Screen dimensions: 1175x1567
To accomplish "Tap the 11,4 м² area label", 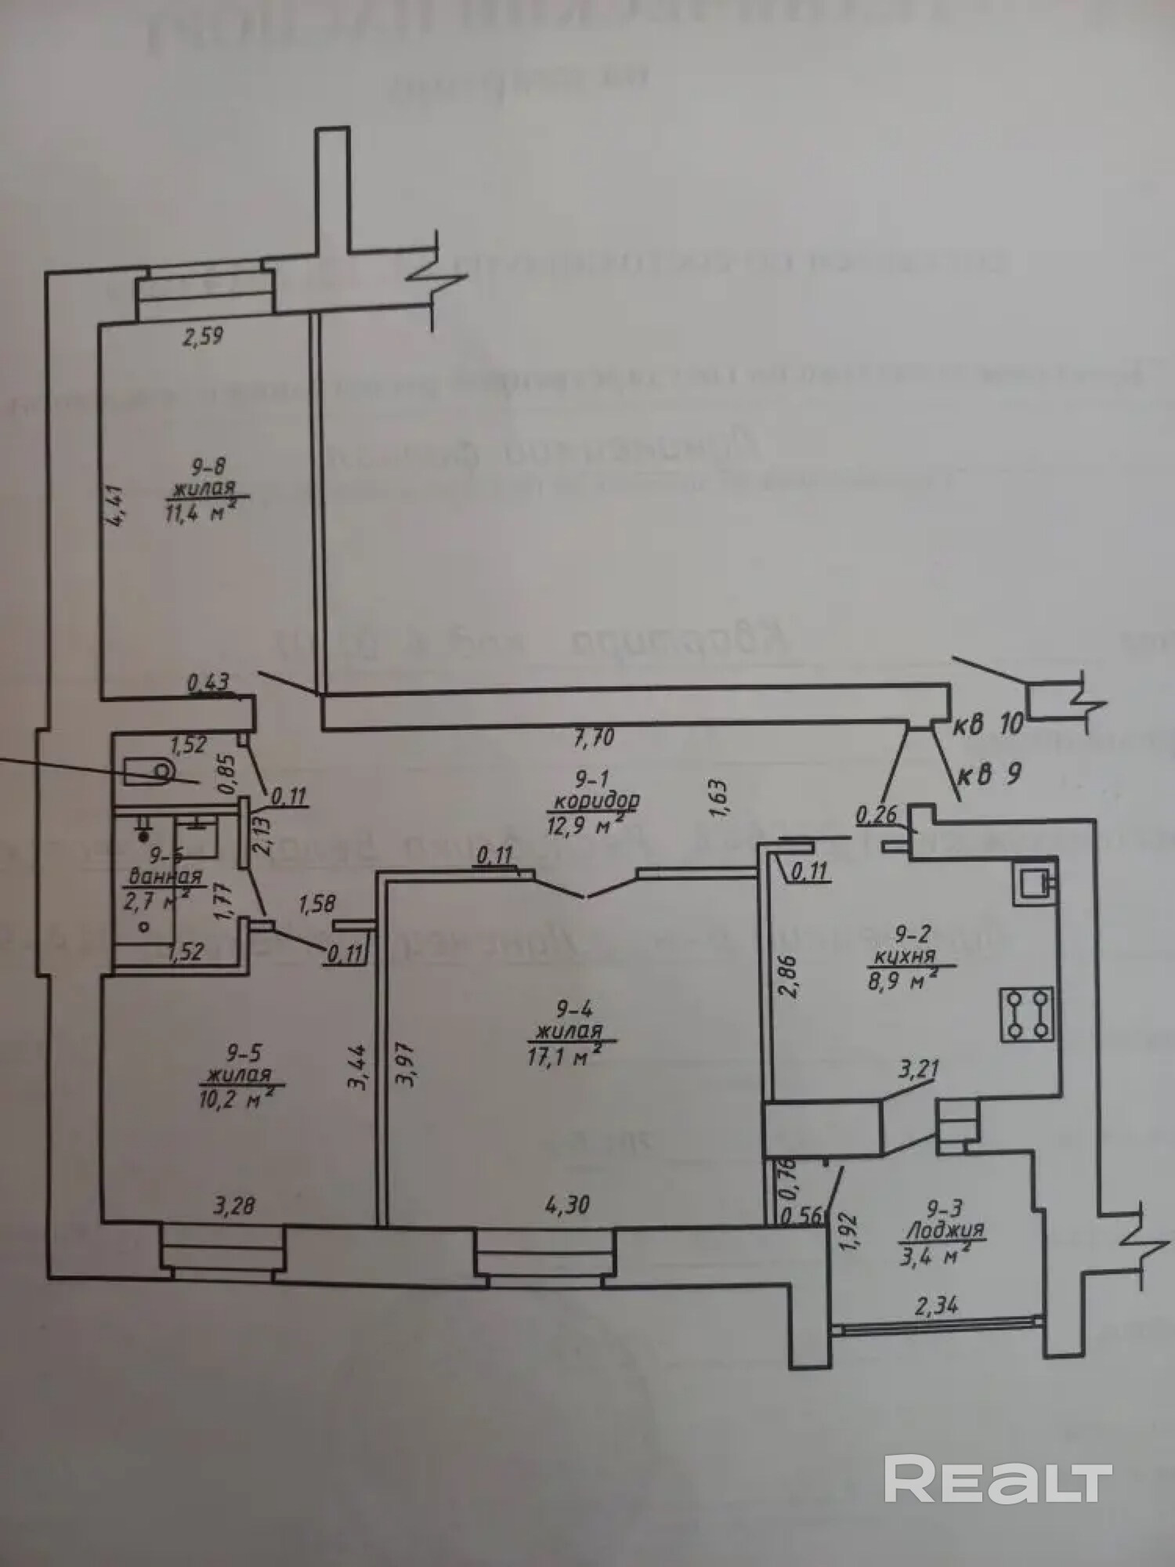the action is tap(201, 515).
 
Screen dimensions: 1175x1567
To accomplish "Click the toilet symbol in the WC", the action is tap(149, 771).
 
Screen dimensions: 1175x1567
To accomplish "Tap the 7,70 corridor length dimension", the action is tap(593, 737).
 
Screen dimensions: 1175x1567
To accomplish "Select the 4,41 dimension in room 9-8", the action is tap(116, 507).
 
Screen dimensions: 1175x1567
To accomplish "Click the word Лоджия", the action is tap(944, 1230).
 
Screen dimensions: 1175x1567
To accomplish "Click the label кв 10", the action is tap(988, 725).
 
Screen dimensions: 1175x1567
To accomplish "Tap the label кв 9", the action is tap(989, 774).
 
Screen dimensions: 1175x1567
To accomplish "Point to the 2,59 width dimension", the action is tap(203, 337).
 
